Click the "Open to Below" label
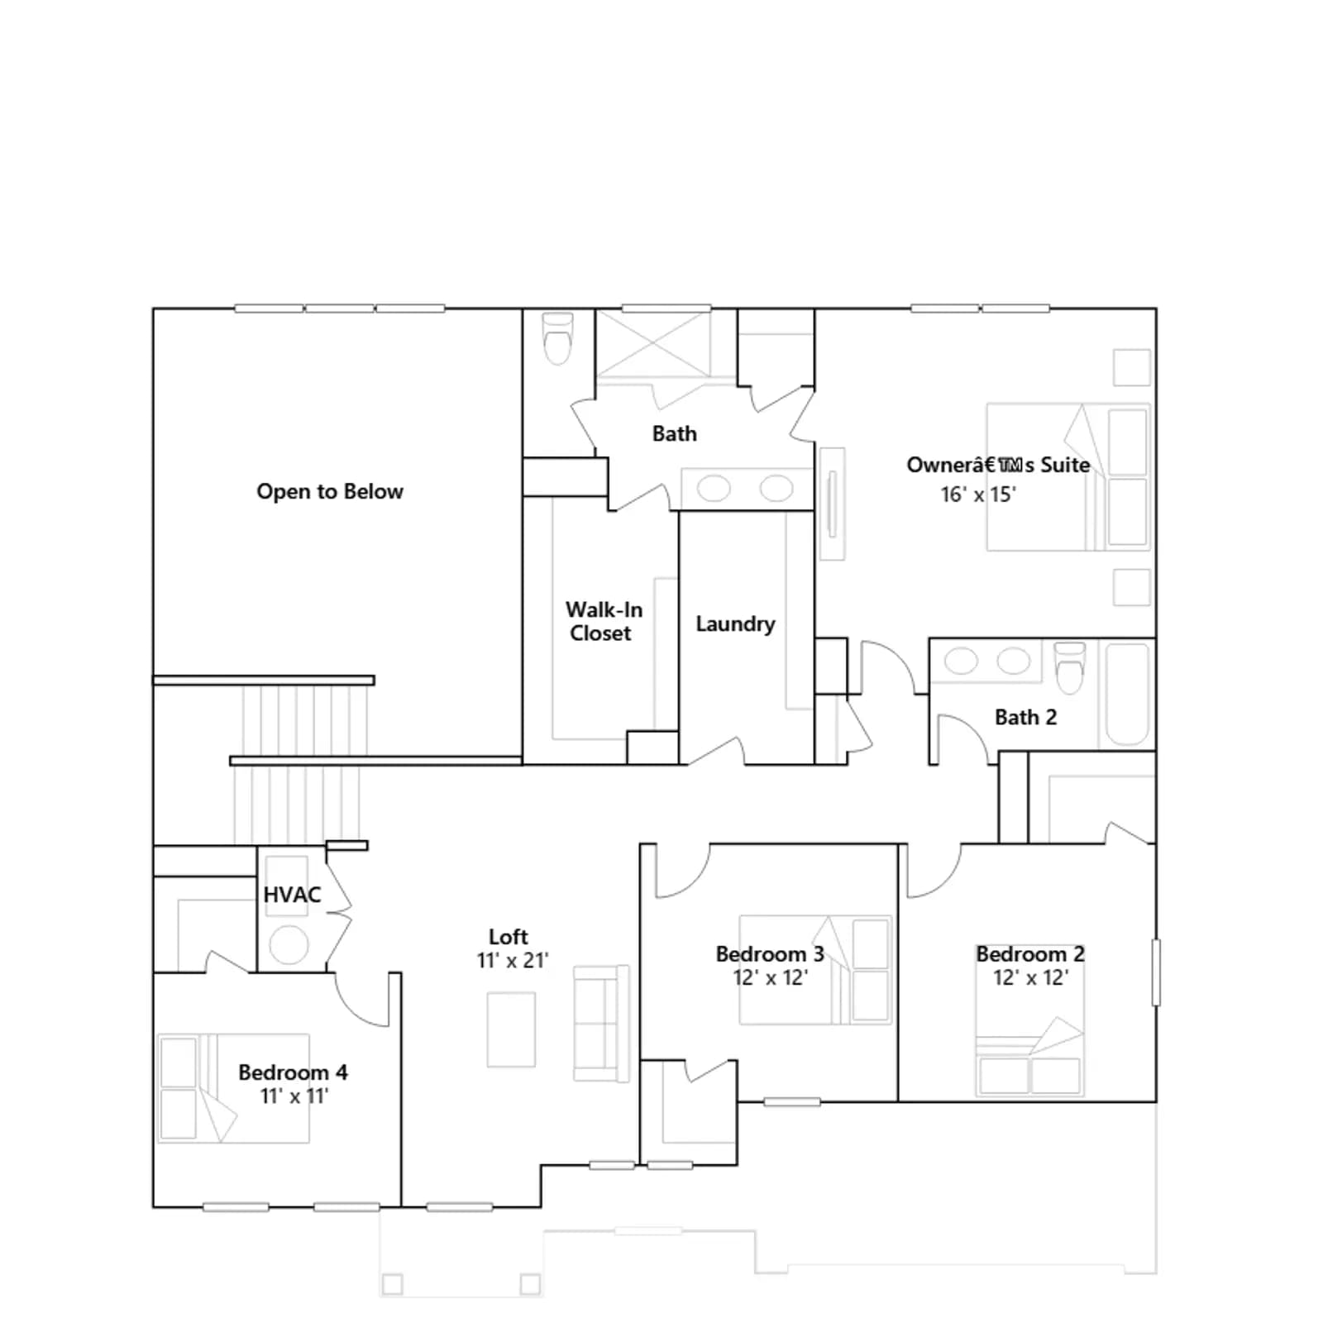pyautogui.click(x=330, y=492)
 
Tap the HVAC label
pyautogui.click(x=292, y=895)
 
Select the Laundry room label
pyautogui.click(x=735, y=624)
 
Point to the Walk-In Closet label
pyautogui.click(x=604, y=621)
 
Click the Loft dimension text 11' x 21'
pyautogui.click(x=513, y=961)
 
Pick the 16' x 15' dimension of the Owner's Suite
pyautogui.click(x=978, y=494)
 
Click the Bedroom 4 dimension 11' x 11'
pyautogui.click(x=294, y=1096)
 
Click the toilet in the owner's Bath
pyautogui.click(x=558, y=338)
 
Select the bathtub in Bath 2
pyautogui.click(x=1126, y=695)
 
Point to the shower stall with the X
pyautogui.click(x=653, y=345)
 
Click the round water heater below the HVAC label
pyautogui.click(x=289, y=944)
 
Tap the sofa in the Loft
pyautogui.click(x=601, y=1024)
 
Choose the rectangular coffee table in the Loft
pyautogui.click(x=511, y=1030)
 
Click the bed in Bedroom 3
pyautogui.click(x=815, y=970)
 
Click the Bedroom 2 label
pyautogui.click(x=1030, y=954)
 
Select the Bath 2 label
pyautogui.click(x=1025, y=718)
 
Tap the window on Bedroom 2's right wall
pyautogui.click(x=1156, y=972)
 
